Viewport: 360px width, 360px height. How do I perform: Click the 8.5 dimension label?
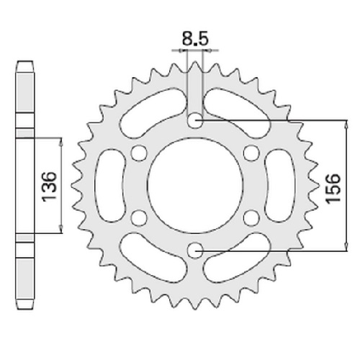194,39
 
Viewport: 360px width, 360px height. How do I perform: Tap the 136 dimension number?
49,186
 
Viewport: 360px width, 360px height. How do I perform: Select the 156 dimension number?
333,189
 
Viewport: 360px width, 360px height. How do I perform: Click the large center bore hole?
195,185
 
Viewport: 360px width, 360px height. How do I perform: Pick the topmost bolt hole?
195,120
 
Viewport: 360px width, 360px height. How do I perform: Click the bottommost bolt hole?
195,251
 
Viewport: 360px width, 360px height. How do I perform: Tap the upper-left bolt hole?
139,153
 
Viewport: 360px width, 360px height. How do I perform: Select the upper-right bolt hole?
251,153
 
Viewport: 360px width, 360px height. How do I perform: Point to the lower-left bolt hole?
139,218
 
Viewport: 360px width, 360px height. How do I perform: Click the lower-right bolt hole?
251,218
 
